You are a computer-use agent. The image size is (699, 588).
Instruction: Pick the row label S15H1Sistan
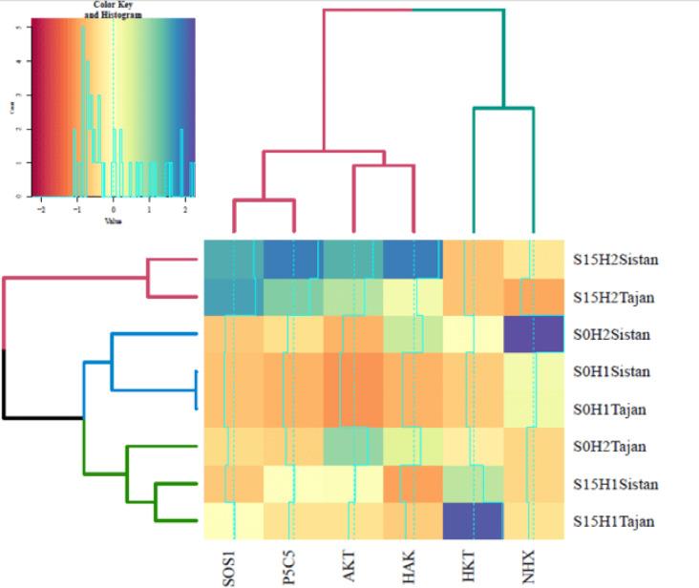(615, 484)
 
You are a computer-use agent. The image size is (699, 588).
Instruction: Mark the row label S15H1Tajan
(612, 522)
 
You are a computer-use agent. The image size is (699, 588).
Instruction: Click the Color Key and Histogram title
(113, 10)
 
